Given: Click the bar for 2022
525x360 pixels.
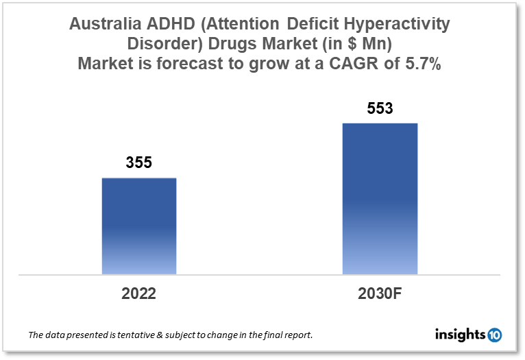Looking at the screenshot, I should click(x=139, y=226).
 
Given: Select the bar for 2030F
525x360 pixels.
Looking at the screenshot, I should click(x=380, y=199).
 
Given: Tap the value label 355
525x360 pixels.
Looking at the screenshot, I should click(x=138, y=163).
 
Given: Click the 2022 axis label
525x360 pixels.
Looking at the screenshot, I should click(x=139, y=293).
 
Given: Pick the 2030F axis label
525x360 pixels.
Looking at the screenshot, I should click(x=380, y=293).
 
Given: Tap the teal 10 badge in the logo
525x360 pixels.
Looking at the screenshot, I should click(x=494, y=335).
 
